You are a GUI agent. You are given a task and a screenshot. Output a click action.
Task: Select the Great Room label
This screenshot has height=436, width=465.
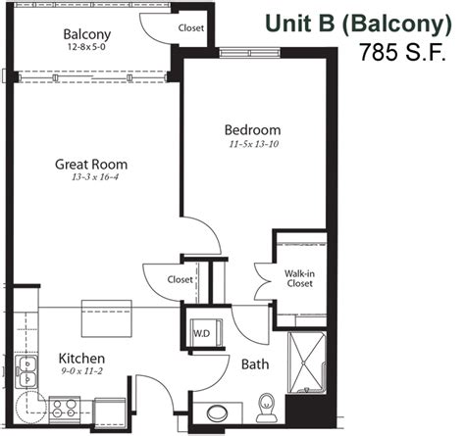90,165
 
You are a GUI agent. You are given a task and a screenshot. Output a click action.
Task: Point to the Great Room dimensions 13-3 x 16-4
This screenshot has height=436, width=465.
90,179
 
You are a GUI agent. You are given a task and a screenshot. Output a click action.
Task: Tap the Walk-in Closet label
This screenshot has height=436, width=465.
298,277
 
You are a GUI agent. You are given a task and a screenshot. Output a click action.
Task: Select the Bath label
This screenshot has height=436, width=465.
255,364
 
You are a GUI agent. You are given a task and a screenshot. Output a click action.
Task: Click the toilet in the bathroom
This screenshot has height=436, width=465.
263,405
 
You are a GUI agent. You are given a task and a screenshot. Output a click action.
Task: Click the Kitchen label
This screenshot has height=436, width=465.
81,359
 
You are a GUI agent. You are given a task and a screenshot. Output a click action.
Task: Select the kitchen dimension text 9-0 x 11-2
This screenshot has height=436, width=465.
81,372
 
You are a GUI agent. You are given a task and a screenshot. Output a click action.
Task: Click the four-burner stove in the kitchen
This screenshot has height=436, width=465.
67,405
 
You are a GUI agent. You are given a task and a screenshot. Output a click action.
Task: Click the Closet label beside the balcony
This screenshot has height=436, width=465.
191,28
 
